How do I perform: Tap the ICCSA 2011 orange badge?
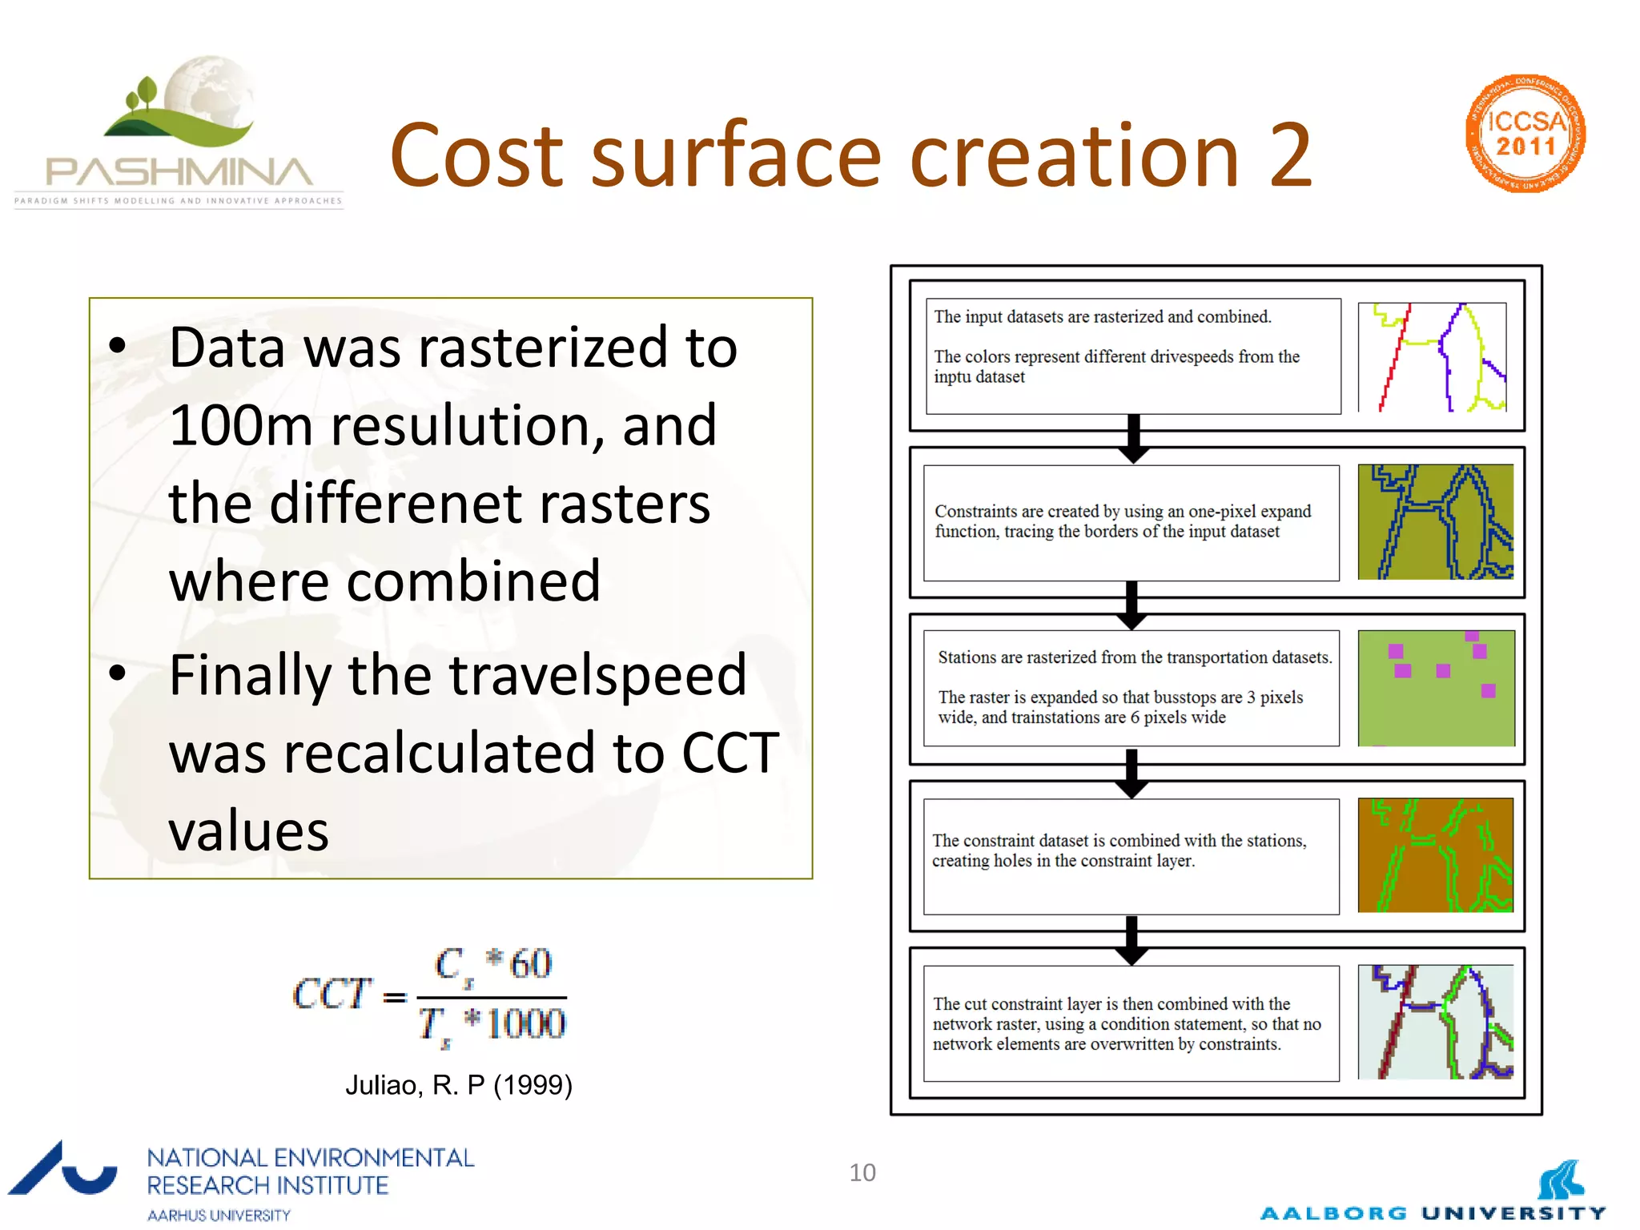click(1525, 134)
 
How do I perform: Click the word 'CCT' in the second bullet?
click(730, 753)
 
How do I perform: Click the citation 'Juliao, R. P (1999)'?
click(458, 1085)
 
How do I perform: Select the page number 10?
click(862, 1173)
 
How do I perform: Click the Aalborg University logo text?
click(1433, 1213)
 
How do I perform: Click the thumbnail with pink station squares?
click(1436, 688)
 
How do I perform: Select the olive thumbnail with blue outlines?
click(1435, 522)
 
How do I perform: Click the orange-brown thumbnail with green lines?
click(1435, 855)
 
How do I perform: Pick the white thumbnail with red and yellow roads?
click(1432, 357)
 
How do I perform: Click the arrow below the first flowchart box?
click(1133, 439)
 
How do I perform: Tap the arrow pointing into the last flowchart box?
click(1132, 941)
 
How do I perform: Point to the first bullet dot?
click(118, 347)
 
